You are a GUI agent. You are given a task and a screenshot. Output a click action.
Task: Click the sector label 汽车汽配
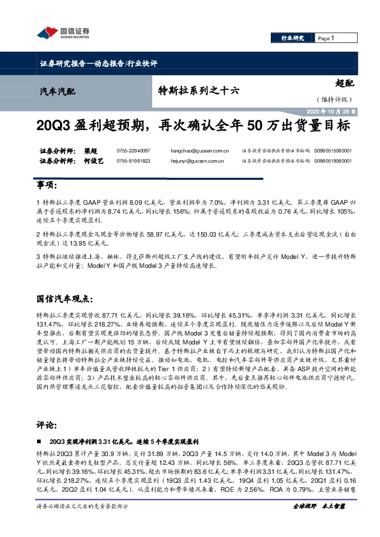54,91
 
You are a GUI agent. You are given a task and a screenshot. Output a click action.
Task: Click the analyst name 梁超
93,150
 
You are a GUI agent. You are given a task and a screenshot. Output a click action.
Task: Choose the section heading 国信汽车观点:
65,298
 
